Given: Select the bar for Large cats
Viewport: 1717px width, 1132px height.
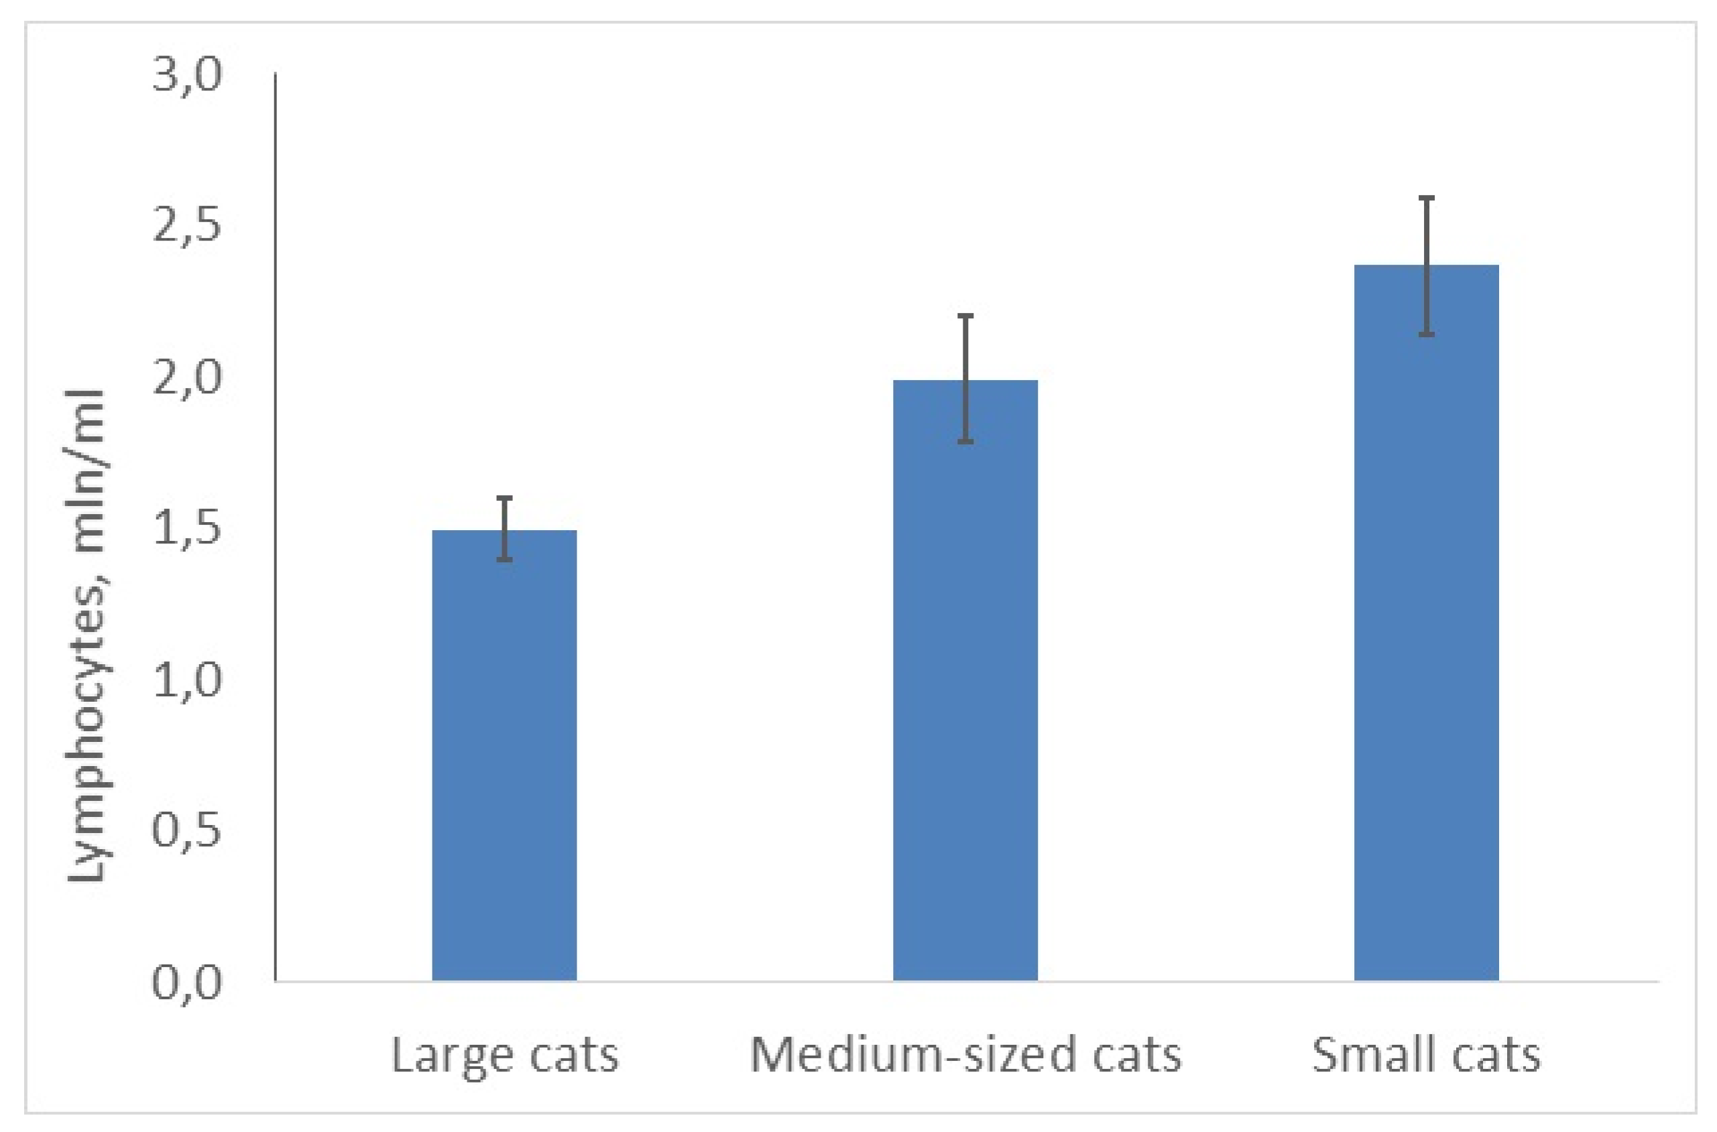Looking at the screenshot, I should (x=504, y=755).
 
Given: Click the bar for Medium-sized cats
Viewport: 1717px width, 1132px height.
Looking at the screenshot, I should (x=965, y=680).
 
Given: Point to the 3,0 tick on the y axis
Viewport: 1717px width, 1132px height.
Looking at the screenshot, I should (x=186, y=76).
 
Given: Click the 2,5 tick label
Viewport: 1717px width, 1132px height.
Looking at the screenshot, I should (x=186, y=227).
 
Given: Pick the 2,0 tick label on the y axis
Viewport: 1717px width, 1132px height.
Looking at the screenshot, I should (x=186, y=378).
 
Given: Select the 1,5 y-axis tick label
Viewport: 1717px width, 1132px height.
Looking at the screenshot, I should (x=186, y=530).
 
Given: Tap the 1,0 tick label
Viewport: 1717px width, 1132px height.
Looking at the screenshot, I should (x=186, y=681).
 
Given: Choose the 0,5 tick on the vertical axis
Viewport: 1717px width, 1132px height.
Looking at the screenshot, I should (x=186, y=832).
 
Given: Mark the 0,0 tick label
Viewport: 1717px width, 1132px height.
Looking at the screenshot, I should (x=186, y=983).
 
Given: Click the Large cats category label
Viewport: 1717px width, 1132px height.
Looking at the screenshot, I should (x=505, y=1056).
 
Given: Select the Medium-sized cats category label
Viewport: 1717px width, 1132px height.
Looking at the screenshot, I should (x=965, y=1056).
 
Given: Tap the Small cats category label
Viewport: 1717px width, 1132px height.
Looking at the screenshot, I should (x=1426, y=1056).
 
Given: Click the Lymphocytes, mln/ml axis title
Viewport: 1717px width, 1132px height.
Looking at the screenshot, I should (x=86, y=635).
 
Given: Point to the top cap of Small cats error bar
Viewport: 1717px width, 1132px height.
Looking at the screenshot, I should (x=1426, y=197).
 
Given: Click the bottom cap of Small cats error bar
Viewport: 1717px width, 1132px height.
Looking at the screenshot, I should (x=1426, y=334).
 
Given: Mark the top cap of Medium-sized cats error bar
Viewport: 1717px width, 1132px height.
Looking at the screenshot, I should (x=965, y=316).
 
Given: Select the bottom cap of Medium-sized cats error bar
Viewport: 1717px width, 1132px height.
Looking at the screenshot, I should (x=965, y=441).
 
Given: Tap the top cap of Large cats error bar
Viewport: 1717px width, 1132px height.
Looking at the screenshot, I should (x=505, y=498).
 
